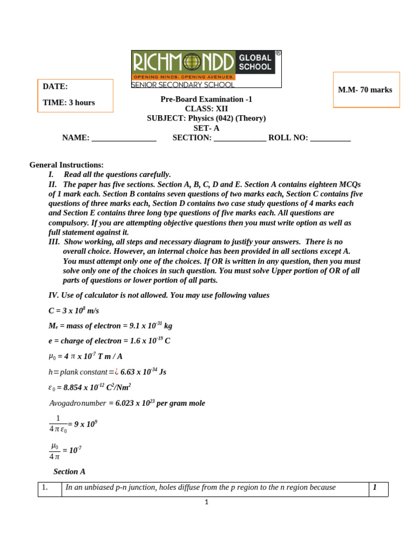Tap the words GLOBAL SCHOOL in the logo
point(255,62)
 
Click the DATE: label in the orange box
point(55,87)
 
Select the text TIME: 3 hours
point(69,103)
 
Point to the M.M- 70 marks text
point(365,90)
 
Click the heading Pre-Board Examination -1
point(206,99)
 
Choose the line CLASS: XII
point(206,109)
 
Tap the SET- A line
point(206,128)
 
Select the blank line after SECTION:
point(240,138)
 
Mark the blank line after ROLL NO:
point(331,138)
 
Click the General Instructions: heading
point(67,165)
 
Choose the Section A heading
point(69,472)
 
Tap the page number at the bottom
point(206,502)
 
